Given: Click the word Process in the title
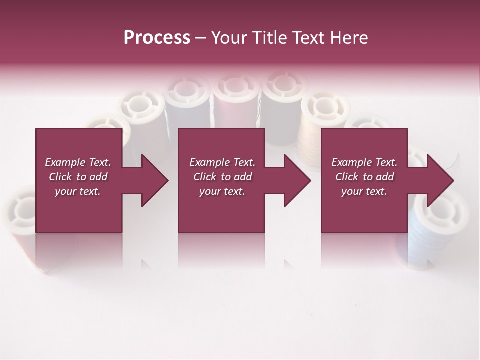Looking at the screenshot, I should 157,38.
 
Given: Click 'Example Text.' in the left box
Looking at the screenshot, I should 78,162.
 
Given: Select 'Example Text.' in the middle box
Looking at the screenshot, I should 222,162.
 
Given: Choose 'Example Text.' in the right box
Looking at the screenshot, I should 364,162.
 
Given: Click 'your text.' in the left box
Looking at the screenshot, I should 78,191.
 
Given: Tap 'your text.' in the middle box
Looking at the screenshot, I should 222,191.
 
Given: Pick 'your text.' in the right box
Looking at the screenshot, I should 364,191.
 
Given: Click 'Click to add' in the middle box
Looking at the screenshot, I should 222,177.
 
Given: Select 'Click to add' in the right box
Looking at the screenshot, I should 364,177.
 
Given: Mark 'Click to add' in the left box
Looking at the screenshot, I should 78,177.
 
